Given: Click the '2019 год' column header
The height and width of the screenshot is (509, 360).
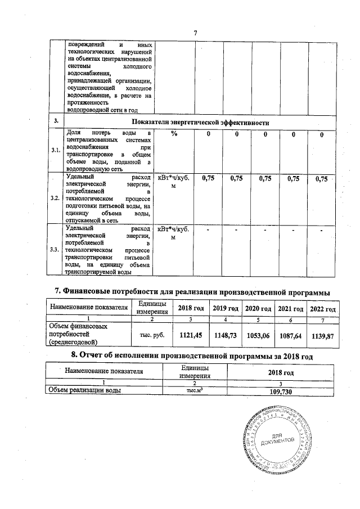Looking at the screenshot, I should click(x=226, y=309).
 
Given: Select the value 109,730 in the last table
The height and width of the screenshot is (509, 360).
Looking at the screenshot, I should click(x=281, y=391).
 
